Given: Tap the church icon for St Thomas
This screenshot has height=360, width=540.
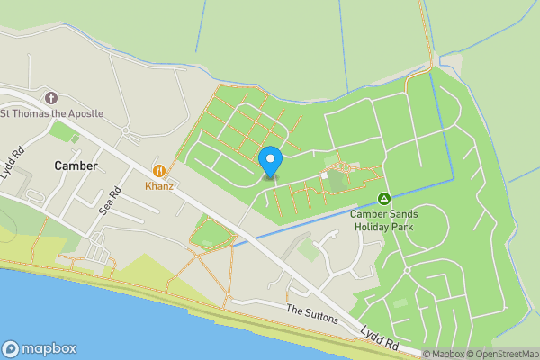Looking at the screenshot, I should (x=51, y=97).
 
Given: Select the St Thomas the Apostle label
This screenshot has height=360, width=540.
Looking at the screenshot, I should (x=51, y=113).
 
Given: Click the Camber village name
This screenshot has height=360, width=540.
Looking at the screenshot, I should (x=75, y=166).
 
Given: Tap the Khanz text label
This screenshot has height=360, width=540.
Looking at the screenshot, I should (x=160, y=185).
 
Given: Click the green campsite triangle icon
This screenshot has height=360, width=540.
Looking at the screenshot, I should (x=383, y=198).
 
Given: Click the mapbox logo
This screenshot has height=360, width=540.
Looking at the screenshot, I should (x=40, y=349).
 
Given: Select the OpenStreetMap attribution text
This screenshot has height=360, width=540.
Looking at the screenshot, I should (x=499, y=354).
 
